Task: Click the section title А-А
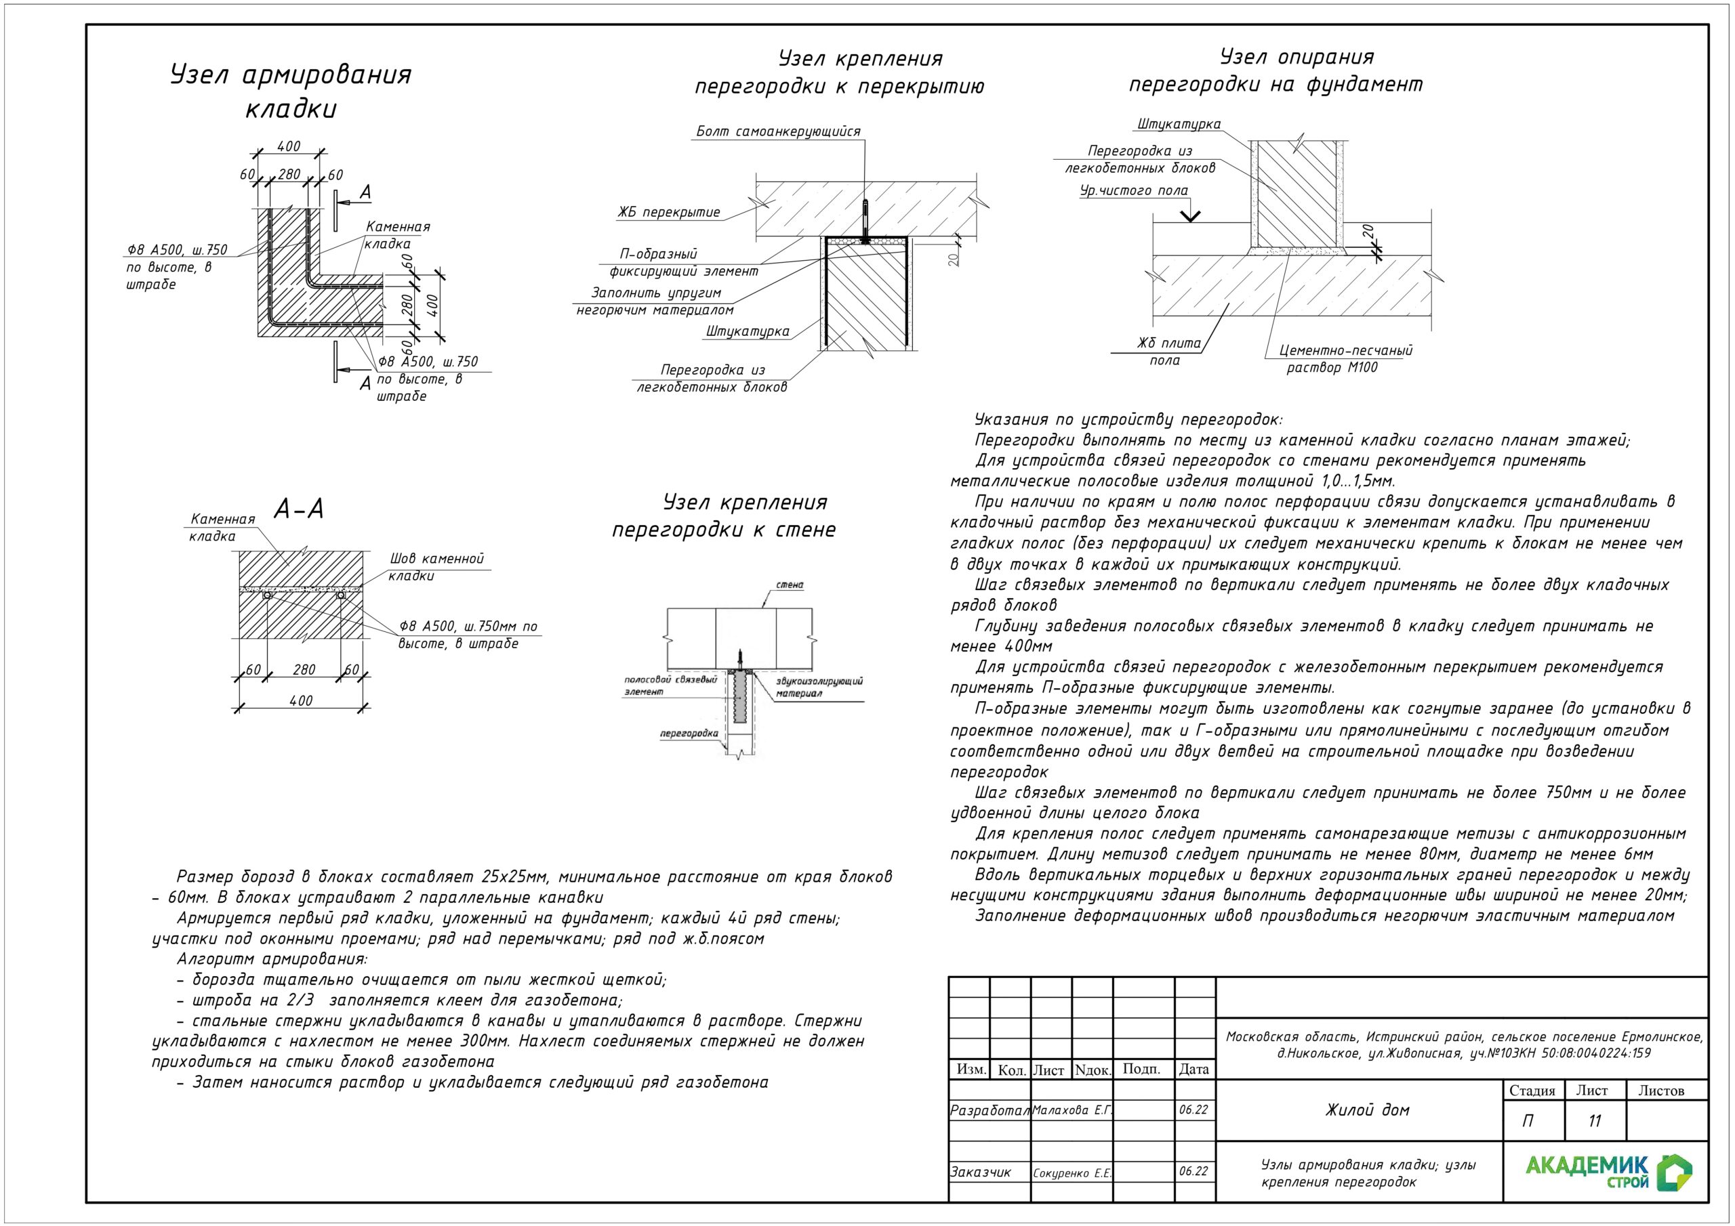[298, 509]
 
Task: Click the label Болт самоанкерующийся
[777, 131]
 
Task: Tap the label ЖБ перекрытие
[669, 212]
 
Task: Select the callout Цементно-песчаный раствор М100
[1345, 359]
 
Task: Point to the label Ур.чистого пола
[1133, 191]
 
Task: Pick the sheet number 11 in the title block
[1595, 1121]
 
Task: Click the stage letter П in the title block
[1528, 1121]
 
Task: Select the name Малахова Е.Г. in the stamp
[1071, 1110]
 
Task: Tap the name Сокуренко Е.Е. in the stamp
[1071, 1173]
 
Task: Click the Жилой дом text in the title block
[1367, 1110]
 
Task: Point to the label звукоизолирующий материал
[819, 687]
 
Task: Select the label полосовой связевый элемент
[670, 685]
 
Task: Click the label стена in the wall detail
[790, 585]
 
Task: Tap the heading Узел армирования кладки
[291, 91]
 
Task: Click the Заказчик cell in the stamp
[980, 1172]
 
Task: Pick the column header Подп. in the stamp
[1141, 1069]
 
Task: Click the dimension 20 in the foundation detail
[1368, 231]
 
